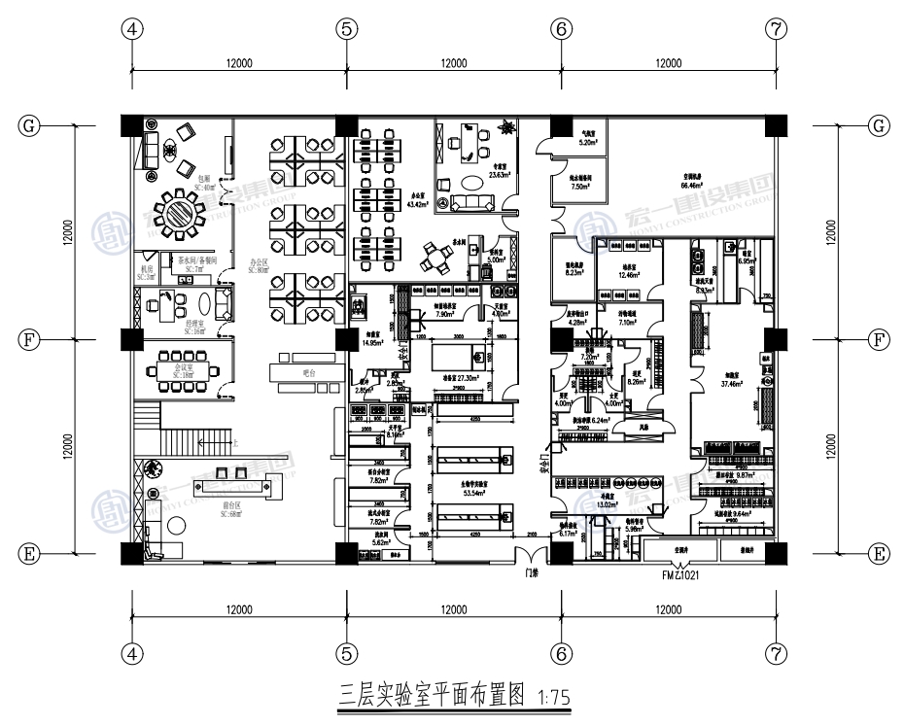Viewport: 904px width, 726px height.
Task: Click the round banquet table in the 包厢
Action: pyautogui.click(x=180, y=211)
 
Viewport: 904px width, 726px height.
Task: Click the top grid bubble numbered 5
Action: pyautogui.click(x=346, y=28)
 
